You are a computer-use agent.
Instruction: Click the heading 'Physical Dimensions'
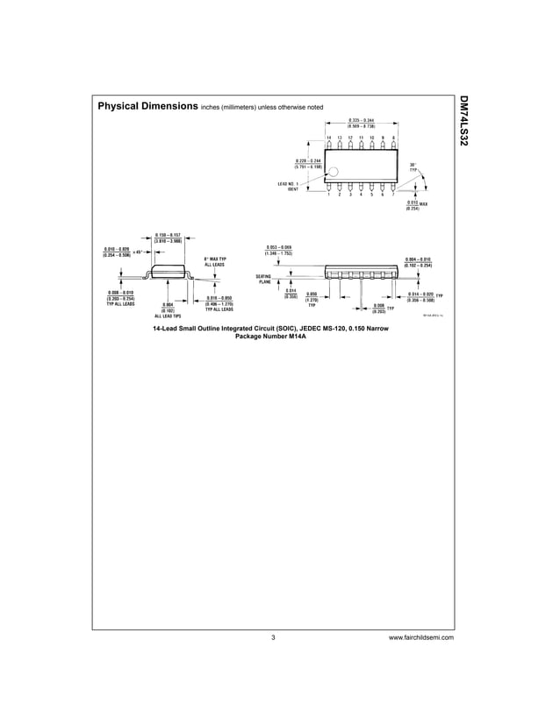pyautogui.click(x=147, y=107)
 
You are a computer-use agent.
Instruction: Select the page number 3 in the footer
pyautogui.click(x=274, y=637)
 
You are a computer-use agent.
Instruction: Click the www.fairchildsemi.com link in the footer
pyautogui.click(x=420, y=637)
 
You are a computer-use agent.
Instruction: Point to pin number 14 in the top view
pyautogui.click(x=328, y=138)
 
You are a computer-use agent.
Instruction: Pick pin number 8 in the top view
pyautogui.click(x=393, y=138)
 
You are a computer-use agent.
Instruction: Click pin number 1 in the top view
pyautogui.click(x=328, y=194)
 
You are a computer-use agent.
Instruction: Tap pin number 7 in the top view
pyautogui.click(x=393, y=194)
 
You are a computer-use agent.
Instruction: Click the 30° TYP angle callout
pyautogui.click(x=413, y=167)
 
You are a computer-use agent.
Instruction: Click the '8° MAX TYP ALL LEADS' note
pyautogui.click(x=215, y=261)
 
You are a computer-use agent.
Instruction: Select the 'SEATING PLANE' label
pyautogui.click(x=266, y=280)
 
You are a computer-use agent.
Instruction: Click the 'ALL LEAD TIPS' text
pyautogui.click(x=168, y=316)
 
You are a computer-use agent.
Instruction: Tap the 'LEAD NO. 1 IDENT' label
pyautogui.click(x=289, y=186)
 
